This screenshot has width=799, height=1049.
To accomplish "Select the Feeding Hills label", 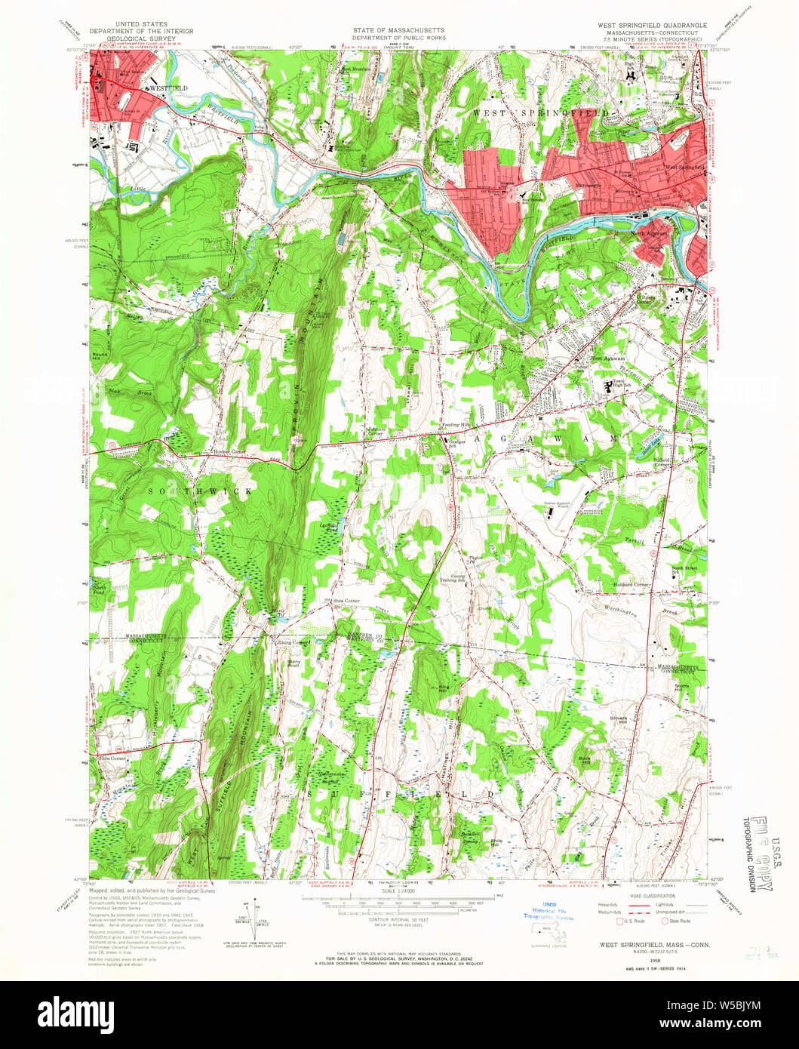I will pos(456,425).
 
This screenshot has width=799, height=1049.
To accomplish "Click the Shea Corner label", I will pos(346,601).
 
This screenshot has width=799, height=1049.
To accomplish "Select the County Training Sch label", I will pos(452,578).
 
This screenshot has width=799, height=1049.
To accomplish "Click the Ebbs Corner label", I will pos(111,757).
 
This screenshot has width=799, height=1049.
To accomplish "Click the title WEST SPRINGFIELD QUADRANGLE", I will pos(653,25).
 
